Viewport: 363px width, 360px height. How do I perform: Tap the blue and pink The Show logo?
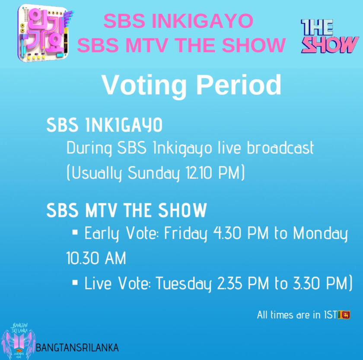coord(330,36)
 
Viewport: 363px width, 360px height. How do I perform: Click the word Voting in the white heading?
coord(144,85)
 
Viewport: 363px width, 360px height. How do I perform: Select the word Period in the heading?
coord(239,85)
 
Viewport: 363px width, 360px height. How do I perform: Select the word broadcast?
coord(280,148)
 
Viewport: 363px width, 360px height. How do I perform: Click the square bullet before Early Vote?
coord(75,232)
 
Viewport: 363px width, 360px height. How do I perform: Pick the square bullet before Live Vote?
coord(75,282)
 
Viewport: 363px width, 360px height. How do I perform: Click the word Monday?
coord(320,234)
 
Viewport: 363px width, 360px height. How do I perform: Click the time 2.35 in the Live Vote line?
coord(230,283)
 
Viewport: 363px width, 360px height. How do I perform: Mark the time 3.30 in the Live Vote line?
coord(306,283)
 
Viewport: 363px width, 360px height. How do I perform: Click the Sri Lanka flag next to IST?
coord(344,315)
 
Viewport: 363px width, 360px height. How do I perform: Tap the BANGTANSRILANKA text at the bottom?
coord(77,347)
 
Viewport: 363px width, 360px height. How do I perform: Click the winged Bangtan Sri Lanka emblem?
coord(19,341)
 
